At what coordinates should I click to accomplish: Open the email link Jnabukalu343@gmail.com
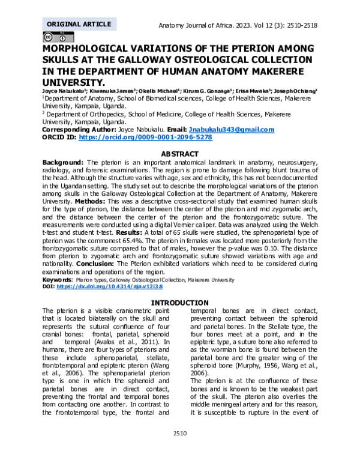pos(231,130)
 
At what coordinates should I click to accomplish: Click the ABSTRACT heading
pos(179,154)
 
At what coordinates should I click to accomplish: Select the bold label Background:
pos(63,162)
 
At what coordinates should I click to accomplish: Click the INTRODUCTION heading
pos(179,302)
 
